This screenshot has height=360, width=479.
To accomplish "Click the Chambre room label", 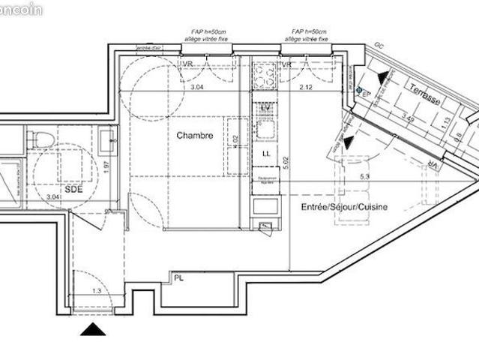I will (x=195, y=136).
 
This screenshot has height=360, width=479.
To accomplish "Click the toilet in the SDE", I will (x=43, y=139).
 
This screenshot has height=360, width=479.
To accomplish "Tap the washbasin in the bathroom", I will (x=107, y=138).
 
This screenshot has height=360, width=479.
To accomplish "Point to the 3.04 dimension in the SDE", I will (x=52, y=196).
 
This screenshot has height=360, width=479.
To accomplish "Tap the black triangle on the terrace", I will (x=384, y=76).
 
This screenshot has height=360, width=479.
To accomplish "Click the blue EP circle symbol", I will (x=359, y=91).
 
